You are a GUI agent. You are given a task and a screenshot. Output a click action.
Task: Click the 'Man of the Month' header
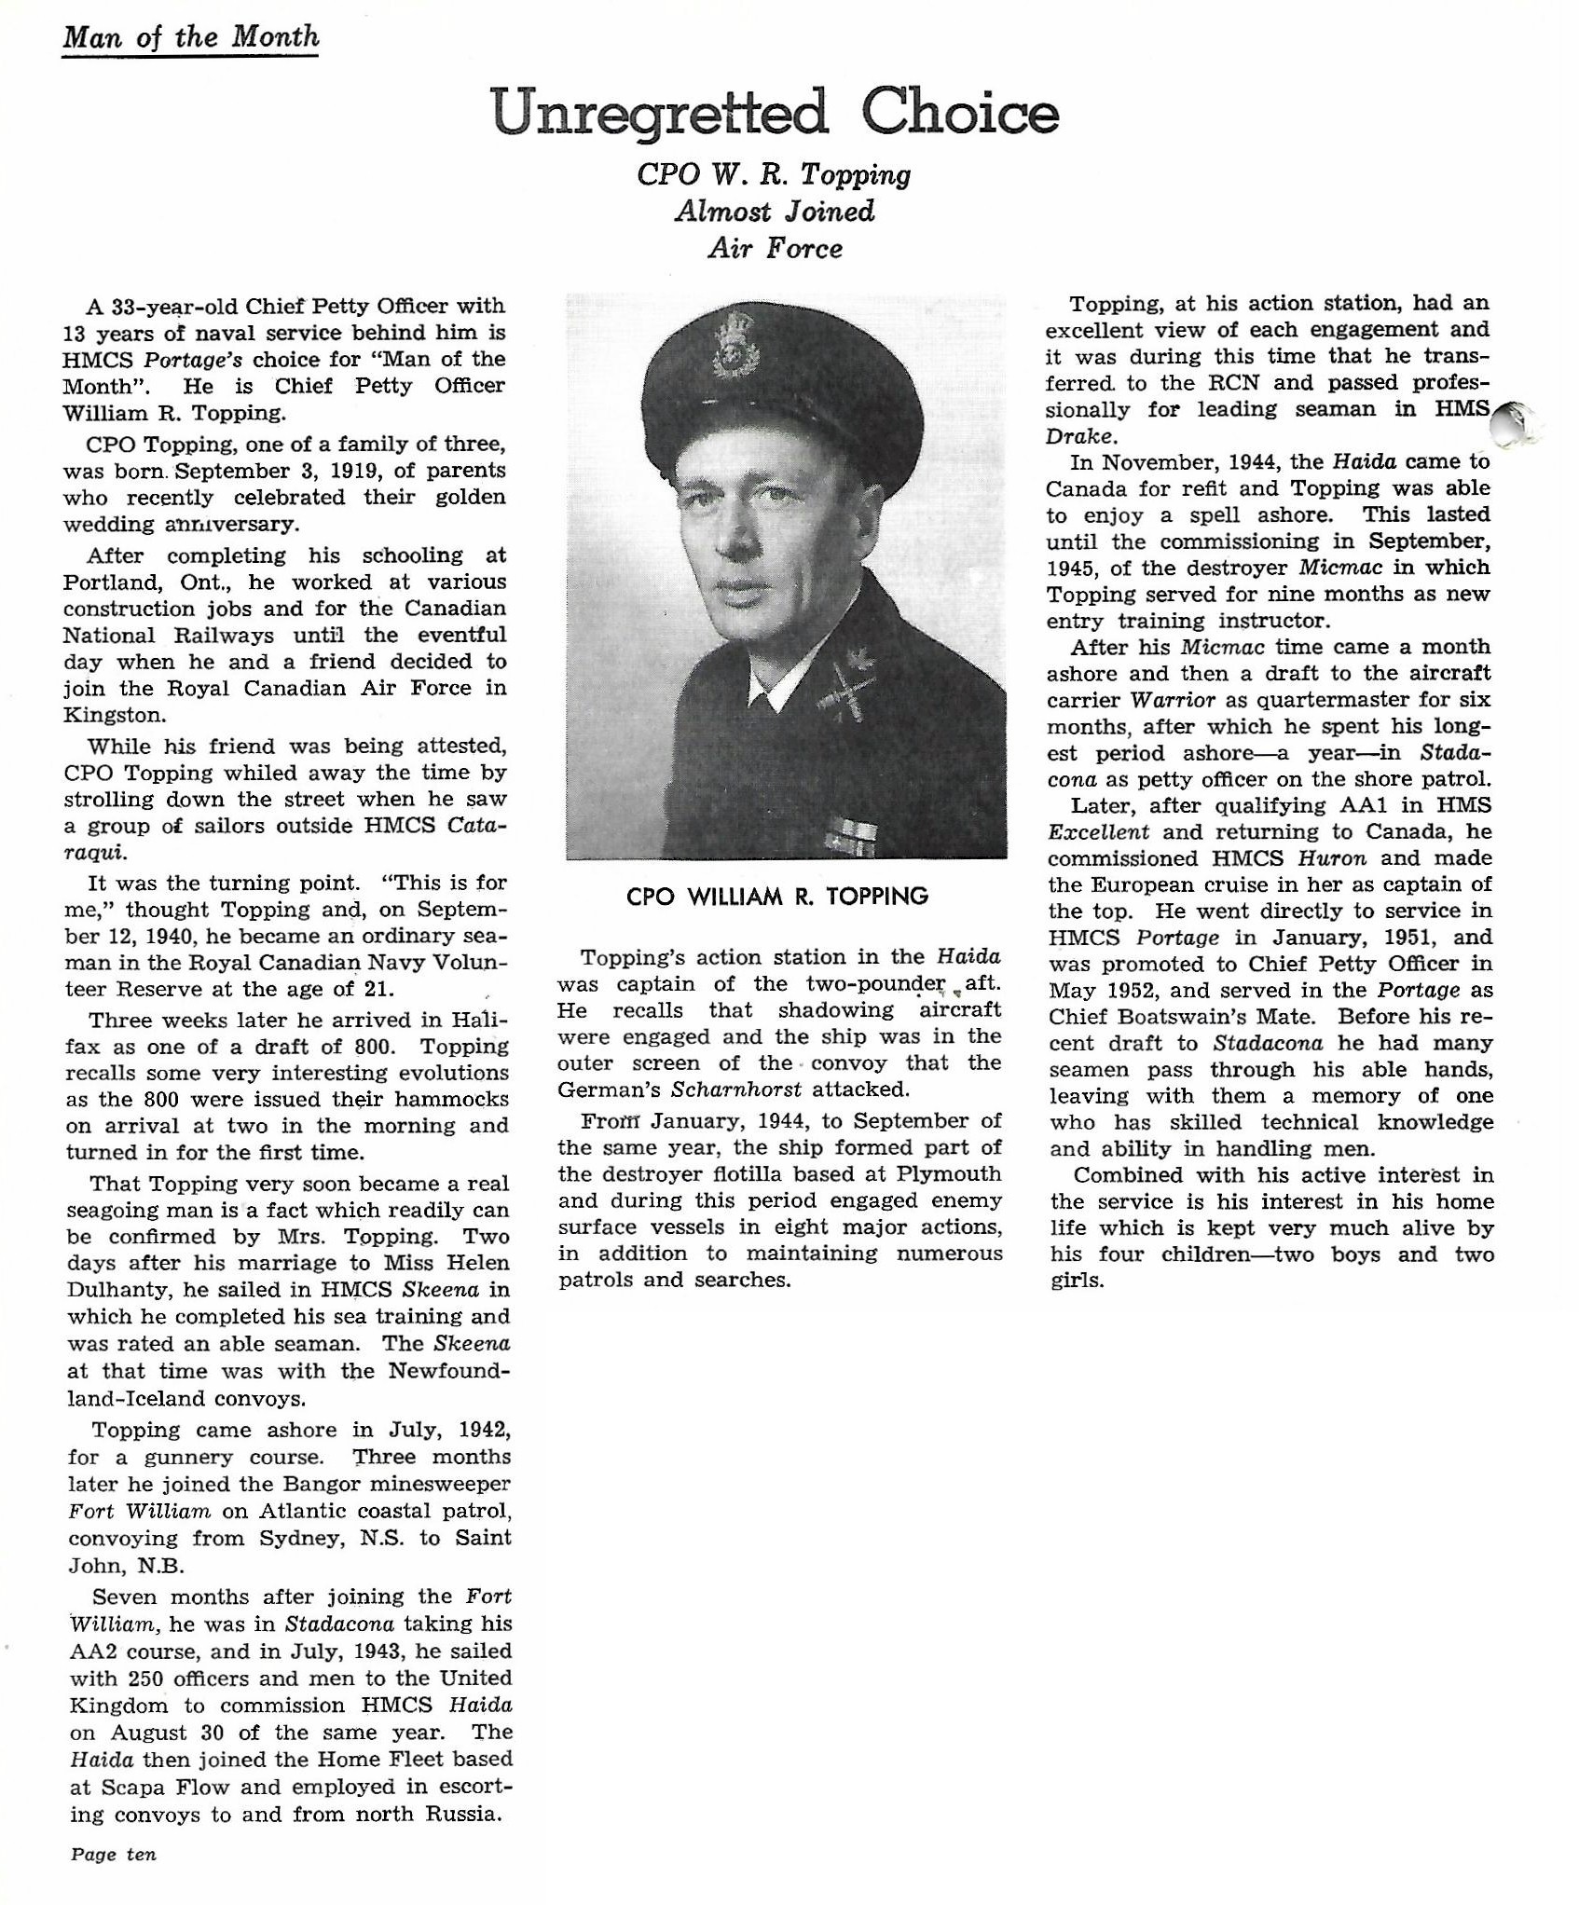tap(190, 37)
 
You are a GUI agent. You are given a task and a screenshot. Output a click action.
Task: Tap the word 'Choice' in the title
tap(960, 113)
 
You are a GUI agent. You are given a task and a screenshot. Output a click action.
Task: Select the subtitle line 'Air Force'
tap(775, 249)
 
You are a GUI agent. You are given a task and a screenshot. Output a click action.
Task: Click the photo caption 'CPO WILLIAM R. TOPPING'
tap(777, 897)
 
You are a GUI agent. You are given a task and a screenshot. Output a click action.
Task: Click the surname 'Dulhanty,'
tap(117, 1290)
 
